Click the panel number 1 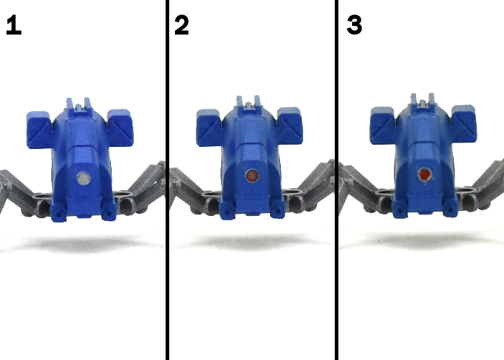14,24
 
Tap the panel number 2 181,24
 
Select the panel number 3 354,24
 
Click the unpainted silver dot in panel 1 84,178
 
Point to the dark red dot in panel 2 252,176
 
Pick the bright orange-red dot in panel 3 425,174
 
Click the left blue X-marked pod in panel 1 39,130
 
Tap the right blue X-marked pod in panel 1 120,128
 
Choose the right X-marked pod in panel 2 289,126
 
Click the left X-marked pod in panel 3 383,125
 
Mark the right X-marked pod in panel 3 464,123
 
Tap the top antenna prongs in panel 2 248,102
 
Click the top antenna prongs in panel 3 423,100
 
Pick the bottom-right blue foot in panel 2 277,210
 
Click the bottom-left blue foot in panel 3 400,210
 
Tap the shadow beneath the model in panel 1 83,243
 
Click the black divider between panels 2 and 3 336,180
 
